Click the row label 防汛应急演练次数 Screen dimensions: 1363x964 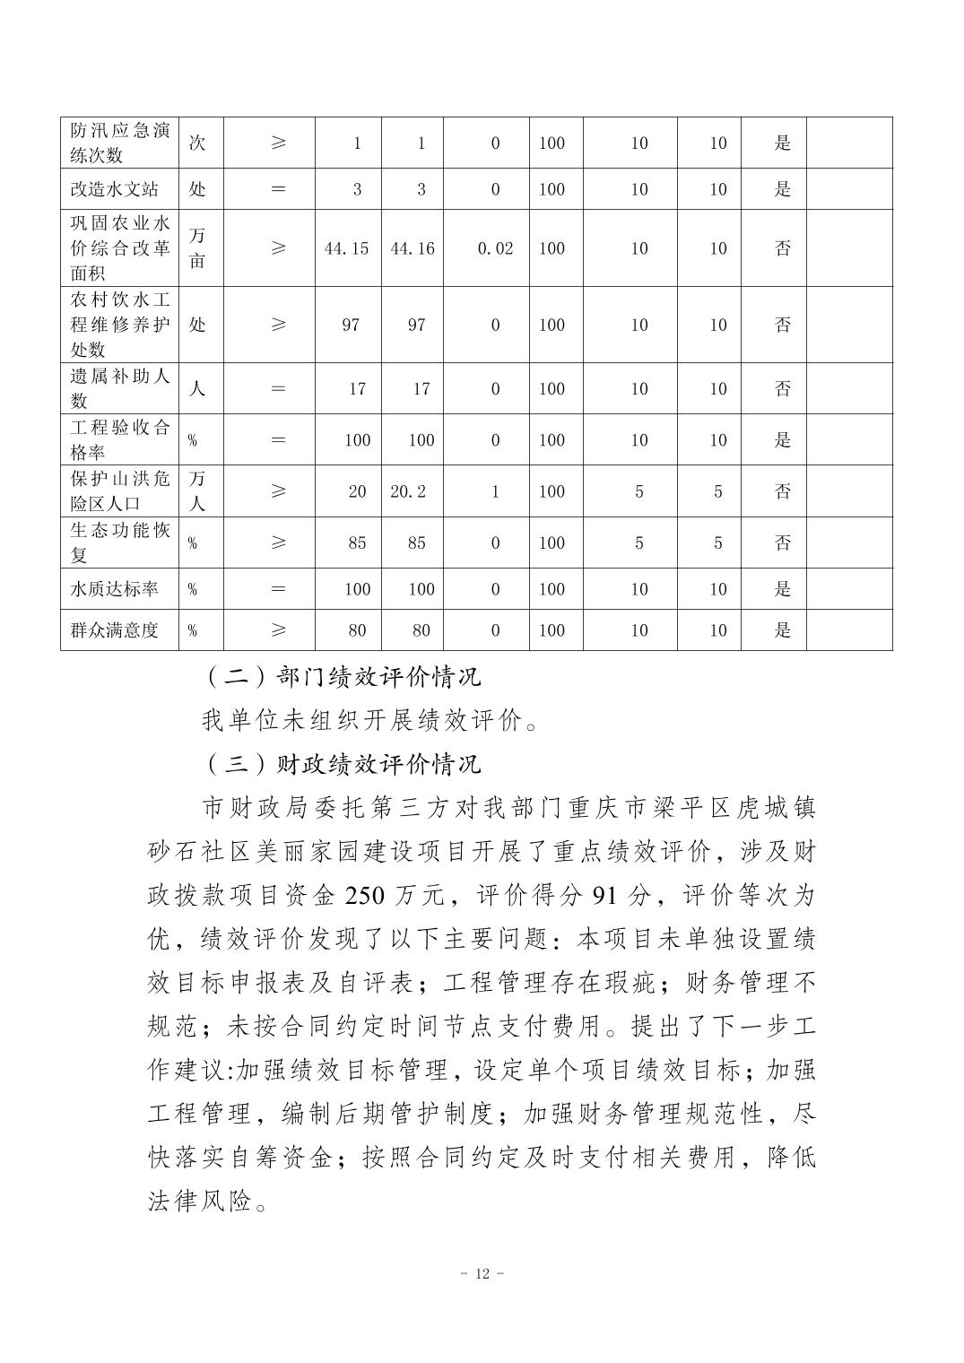tap(119, 143)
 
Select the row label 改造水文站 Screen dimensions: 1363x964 tap(115, 189)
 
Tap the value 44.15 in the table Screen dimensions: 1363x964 tap(346, 248)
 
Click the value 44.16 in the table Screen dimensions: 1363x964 tap(413, 248)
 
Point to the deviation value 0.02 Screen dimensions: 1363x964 tap(495, 248)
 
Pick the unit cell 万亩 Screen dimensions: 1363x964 tap(198, 248)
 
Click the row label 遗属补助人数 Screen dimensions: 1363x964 tap(119, 388)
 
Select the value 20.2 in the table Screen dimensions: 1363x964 tap(408, 491)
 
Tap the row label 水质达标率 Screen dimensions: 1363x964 tap(115, 589)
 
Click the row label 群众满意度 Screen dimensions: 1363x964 tap(115, 630)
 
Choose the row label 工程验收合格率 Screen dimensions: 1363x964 tap(119, 439)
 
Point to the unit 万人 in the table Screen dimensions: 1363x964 tap(198, 491)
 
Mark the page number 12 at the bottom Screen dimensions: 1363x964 tap(482, 1274)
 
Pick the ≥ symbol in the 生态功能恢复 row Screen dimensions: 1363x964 tap(278, 543)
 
